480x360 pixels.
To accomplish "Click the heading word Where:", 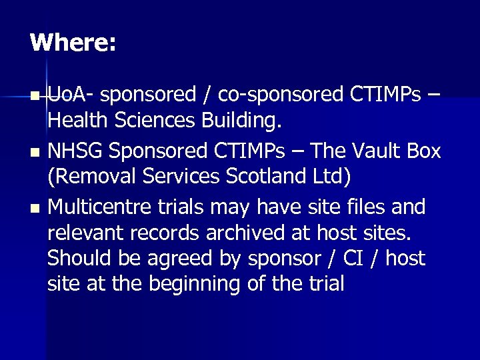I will click(x=73, y=43).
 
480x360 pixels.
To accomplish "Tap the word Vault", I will click(x=364, y=151).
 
